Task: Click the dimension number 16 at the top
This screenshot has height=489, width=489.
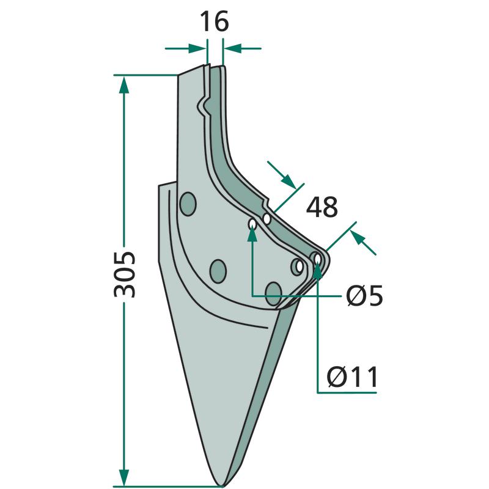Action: (214, 21)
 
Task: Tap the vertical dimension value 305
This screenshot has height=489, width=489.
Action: (125, 274)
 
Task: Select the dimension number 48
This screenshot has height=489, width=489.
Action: (322, 207)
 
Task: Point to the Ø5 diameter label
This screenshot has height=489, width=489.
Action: (364, 295)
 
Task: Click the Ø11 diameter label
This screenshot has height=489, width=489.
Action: (352, 377)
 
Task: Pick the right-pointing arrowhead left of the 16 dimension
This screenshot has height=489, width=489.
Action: (197, 49)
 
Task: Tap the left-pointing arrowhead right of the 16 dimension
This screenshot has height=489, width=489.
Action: (233, 49)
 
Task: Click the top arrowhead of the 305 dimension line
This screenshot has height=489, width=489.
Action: (124, 85)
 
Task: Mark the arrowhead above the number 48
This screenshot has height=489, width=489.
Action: (289, 182)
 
